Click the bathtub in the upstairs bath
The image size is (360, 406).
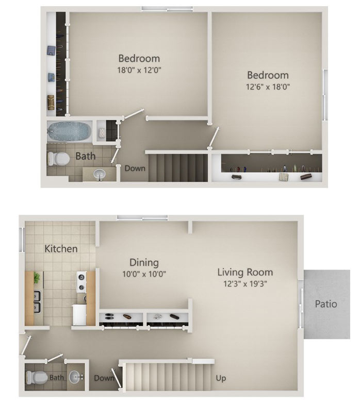70,131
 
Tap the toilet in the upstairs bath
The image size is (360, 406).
59,159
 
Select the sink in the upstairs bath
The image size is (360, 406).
100,175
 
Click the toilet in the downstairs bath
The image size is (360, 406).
37,377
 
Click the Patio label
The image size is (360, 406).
326,303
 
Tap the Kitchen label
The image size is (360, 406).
61,248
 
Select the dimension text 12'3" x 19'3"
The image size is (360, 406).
245,284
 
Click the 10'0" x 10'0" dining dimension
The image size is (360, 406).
144,274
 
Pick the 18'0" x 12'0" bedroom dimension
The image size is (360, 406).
139,70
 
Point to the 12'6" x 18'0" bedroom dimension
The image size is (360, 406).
268,87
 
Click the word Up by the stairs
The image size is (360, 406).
221,378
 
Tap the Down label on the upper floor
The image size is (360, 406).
135,168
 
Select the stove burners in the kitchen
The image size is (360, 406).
81,282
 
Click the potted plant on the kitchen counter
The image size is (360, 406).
37,278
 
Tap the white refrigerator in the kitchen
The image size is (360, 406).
79,315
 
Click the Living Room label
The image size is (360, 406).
245,272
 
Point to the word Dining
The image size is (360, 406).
144,263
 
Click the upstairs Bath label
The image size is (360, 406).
86,156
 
